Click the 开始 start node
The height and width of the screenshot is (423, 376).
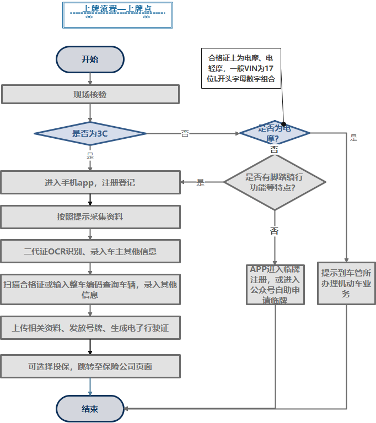(90, 59)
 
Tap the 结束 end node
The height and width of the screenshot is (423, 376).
(90, 409)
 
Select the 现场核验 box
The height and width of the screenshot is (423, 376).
(90, 94)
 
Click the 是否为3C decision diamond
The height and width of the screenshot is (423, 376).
(90, 134)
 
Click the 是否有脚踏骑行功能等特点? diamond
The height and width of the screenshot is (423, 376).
(274, 182)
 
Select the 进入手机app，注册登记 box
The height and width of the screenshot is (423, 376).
(90, 182)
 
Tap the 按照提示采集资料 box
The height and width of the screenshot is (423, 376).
(90, 216)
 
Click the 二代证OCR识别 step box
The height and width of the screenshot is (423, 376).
(90, 251)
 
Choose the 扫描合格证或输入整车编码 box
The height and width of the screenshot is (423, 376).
(90, 289)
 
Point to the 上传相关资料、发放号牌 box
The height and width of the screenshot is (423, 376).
(90, 328)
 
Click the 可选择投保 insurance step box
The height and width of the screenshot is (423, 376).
(90, 366)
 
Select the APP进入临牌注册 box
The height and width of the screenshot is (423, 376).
(275, 284)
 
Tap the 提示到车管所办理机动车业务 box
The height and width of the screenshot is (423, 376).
(346, 284)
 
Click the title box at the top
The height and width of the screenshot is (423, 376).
(117, 15)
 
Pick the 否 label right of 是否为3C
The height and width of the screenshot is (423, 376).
(185, 133)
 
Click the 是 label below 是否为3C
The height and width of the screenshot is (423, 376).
(90, 155)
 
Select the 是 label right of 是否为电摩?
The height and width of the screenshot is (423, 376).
(353, 138)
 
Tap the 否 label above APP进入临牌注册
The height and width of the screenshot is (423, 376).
(274, 231)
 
